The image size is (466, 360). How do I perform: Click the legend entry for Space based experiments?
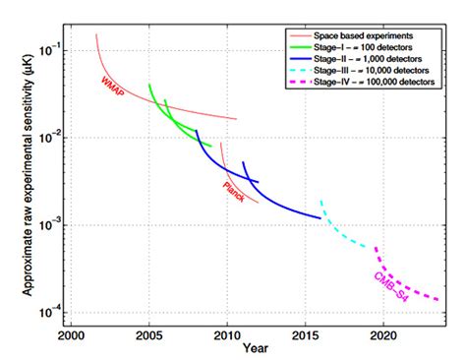click(364, 34)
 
